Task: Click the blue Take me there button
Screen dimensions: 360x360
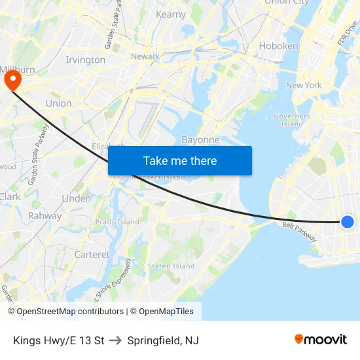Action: click(179, 160)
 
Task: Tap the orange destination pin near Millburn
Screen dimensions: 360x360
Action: click(12, 80)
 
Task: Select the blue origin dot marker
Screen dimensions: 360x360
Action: click(348, 222)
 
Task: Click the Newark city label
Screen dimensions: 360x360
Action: click(145, 56)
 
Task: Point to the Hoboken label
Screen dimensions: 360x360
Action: click(278, 46)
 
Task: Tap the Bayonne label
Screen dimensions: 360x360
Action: click(200, 140)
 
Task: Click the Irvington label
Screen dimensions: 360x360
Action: click(85, 60)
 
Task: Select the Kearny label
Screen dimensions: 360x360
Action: click(171, 14)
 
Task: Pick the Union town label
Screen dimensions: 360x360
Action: click(58, 103)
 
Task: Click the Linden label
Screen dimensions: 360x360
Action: click(76, 198)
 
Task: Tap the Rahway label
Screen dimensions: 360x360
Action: click(45, 216)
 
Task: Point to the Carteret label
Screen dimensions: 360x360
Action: click(92, 255)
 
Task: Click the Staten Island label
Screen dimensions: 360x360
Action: click(171, 266)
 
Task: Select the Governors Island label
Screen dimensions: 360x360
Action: click(292, 120)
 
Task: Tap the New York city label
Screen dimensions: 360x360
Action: click(304, 85)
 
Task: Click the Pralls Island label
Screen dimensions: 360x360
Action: click(117, 222)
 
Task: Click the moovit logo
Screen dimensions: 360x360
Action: click(320, 340)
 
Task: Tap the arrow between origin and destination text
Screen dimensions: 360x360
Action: click(116, 340)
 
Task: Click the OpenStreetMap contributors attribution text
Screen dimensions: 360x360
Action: click(70, 312)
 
